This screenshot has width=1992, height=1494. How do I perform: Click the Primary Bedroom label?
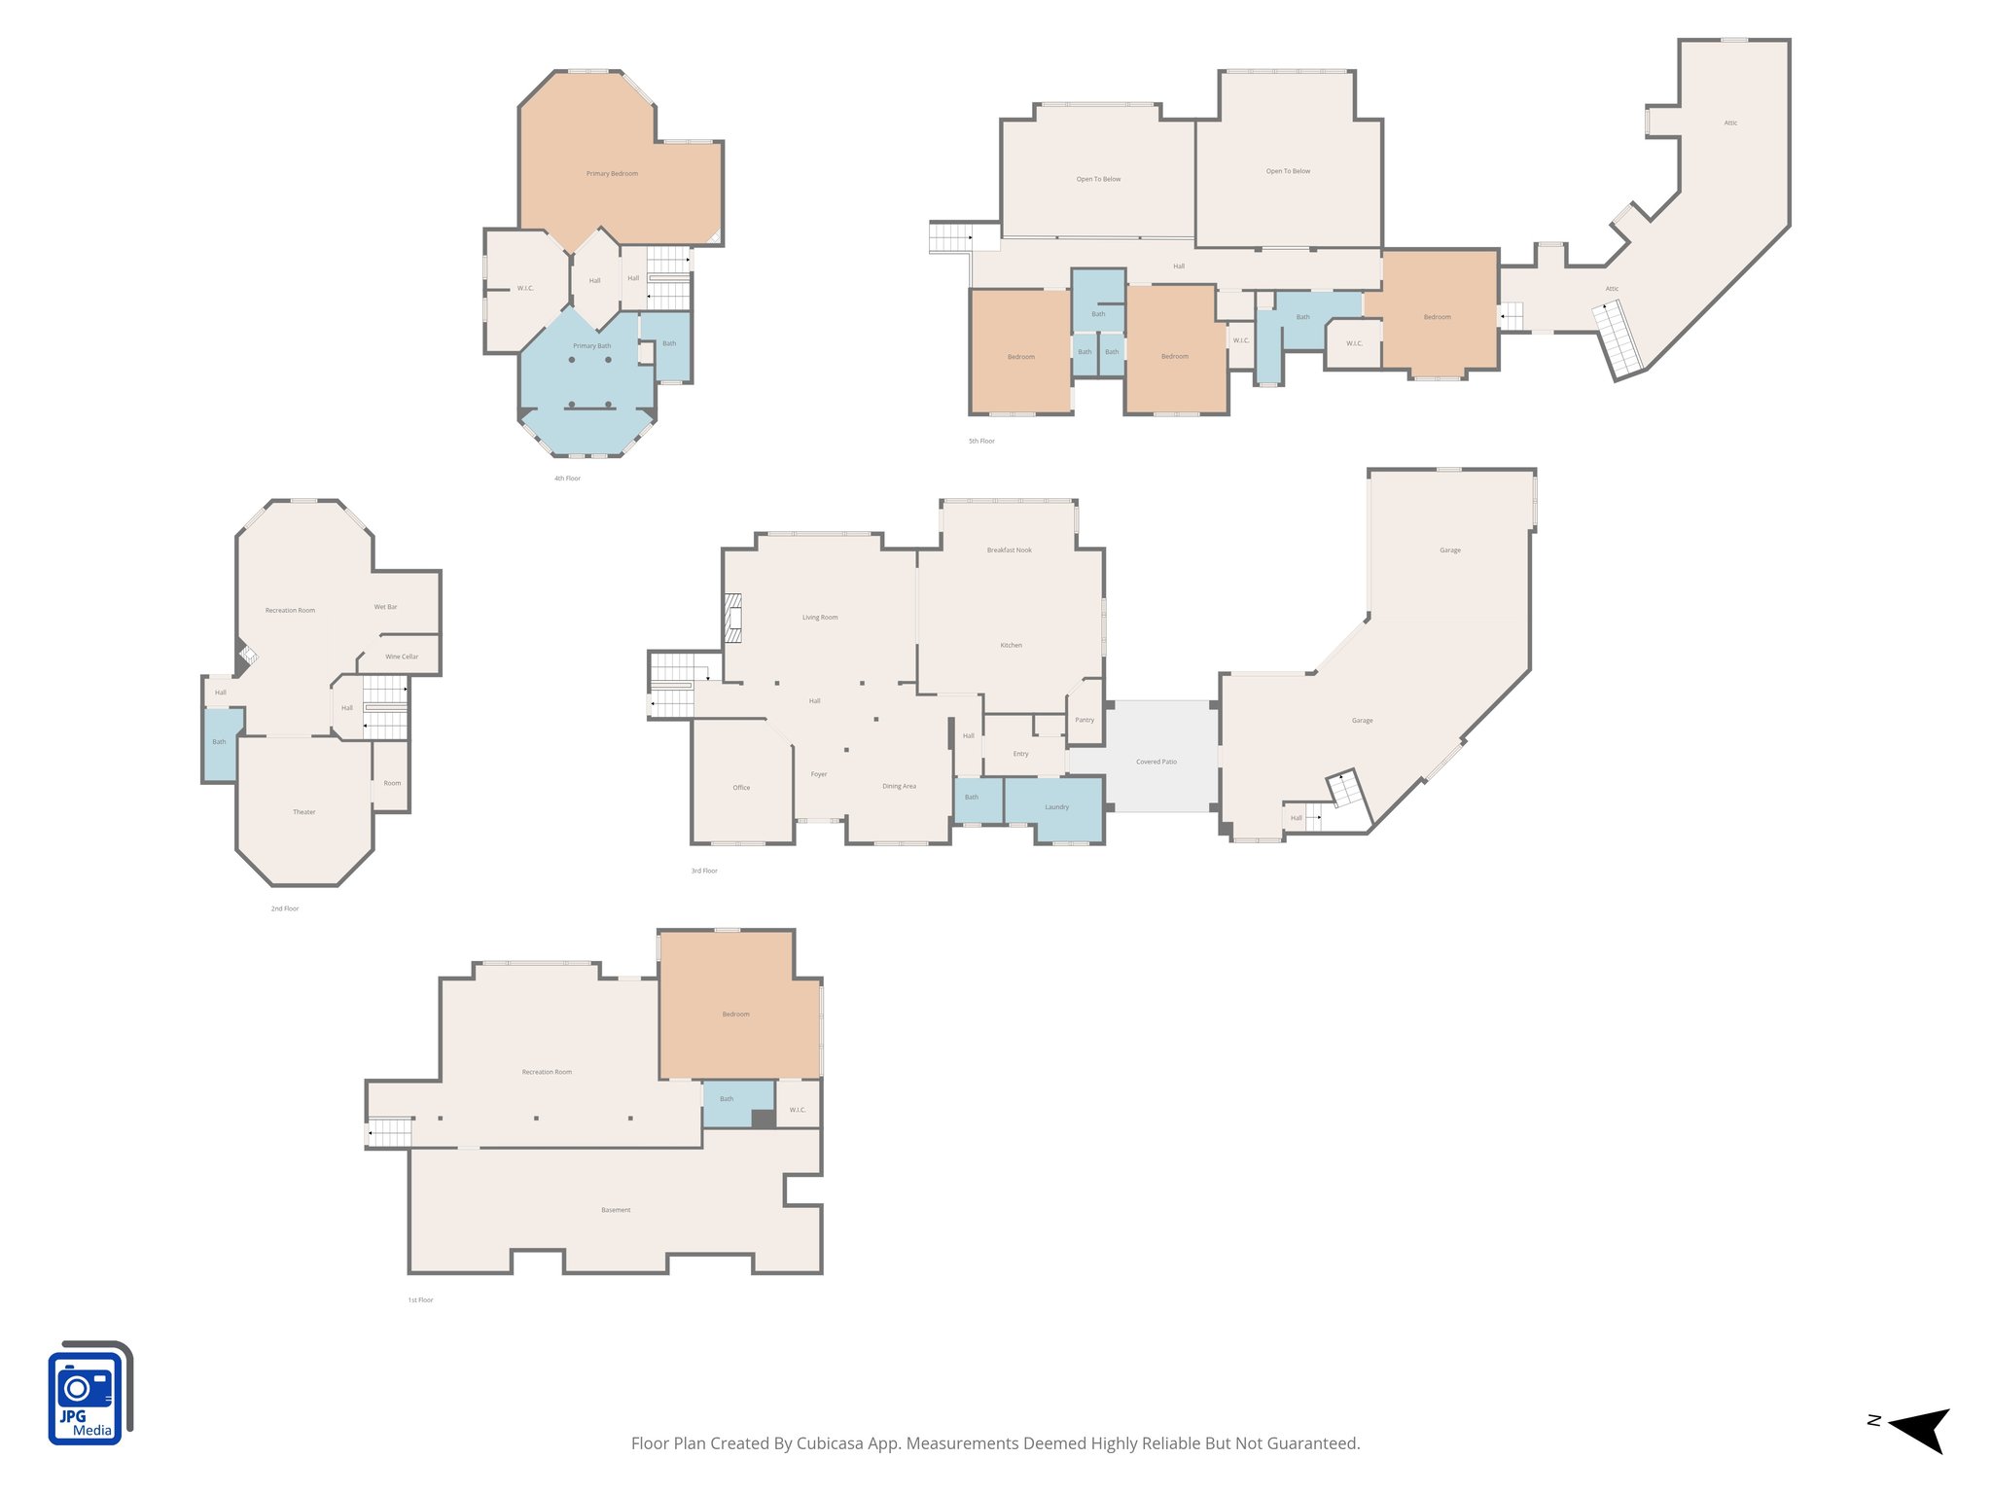tap(612, 174)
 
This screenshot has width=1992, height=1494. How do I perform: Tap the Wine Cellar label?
tap(402, 657)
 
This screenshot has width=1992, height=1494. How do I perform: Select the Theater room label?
tap(304, 812)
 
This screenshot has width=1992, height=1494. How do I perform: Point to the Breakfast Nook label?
tap(1010, 551)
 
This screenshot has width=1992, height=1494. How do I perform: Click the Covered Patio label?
tap(1156, 762)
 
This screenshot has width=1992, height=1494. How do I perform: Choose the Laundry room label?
tap(1057, 807)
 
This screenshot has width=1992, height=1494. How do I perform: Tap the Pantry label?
tap(1085, 720)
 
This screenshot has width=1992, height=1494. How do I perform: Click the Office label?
tap(741, 788)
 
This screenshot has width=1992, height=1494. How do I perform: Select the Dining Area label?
tap(899, 786)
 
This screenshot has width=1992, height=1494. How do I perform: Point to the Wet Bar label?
tap(386, 607)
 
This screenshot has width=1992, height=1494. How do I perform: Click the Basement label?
tap(616, 1210)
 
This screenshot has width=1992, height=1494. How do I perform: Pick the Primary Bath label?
tap(592, 346)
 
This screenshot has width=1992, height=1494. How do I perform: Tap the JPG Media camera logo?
tap(89, 1393)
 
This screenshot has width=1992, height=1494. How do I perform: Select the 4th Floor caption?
tap(567, 479)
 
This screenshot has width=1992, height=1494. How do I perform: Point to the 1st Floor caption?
tap(420, 1300)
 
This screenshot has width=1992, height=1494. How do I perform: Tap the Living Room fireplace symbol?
tap(732, 618)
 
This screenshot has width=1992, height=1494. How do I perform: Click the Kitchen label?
tap(1012, 646)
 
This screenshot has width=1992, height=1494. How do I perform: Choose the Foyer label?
tap(819, 775)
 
